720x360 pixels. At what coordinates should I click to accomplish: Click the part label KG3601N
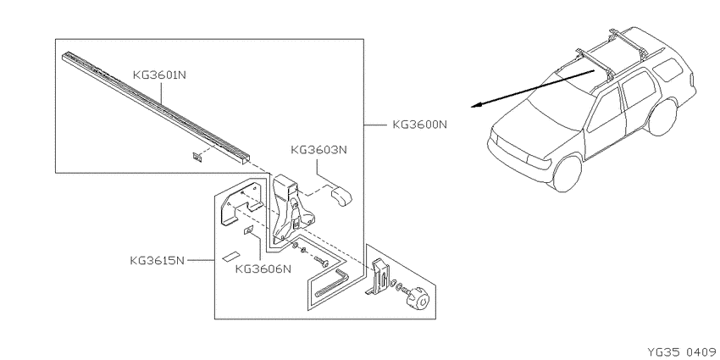click(x=159, y=75)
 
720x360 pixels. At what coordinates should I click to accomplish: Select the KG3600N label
click(x=419, y=125)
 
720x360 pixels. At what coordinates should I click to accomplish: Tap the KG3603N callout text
click(x=318, y=150)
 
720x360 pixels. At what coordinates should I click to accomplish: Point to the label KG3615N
click(x=157, y=261)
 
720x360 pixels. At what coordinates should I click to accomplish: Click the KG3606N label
click(x=263, y=269)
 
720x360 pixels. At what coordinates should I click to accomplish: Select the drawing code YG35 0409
click(x=681, y=352)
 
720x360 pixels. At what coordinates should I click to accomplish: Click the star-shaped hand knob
click(x=417, y=297)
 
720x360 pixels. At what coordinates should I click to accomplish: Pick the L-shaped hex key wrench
click(x=332, y=285)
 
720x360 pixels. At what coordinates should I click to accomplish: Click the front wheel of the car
click(x=568, y=174)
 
